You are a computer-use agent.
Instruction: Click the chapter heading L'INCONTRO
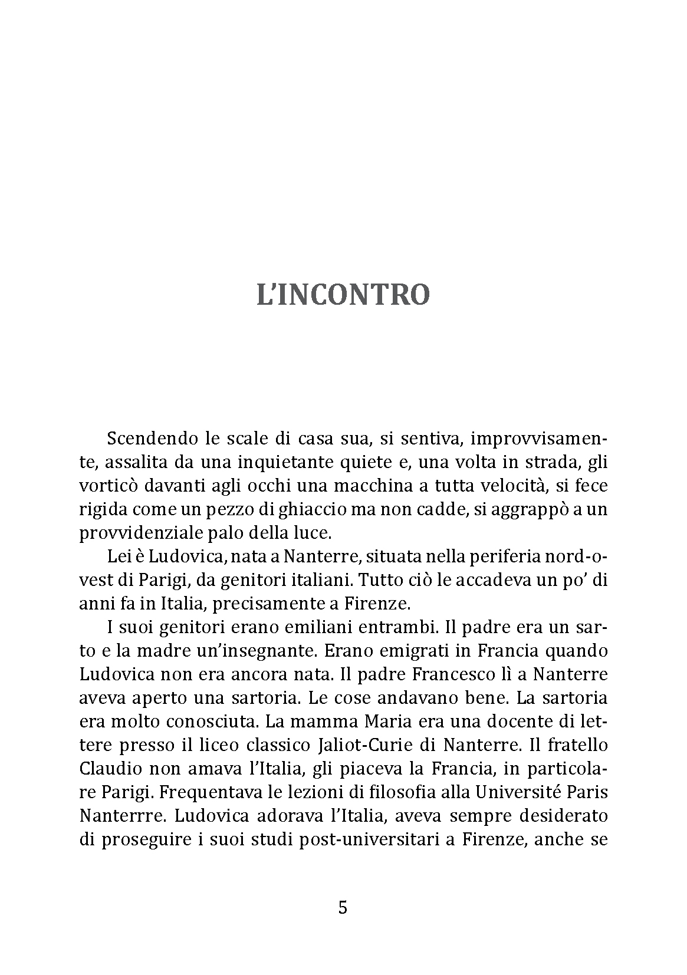click(x=343, y=295)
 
